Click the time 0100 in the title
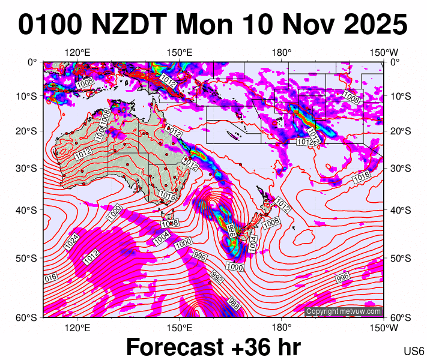coord(50,26)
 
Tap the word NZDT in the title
coord(128,26)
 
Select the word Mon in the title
coord(202,26)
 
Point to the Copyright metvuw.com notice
coord(344,311)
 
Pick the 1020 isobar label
coord(116,212)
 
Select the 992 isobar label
coord(217,277)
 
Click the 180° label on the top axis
coord(281,53)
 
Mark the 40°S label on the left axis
coord(27,210)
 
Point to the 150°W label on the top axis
coord(384,53)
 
